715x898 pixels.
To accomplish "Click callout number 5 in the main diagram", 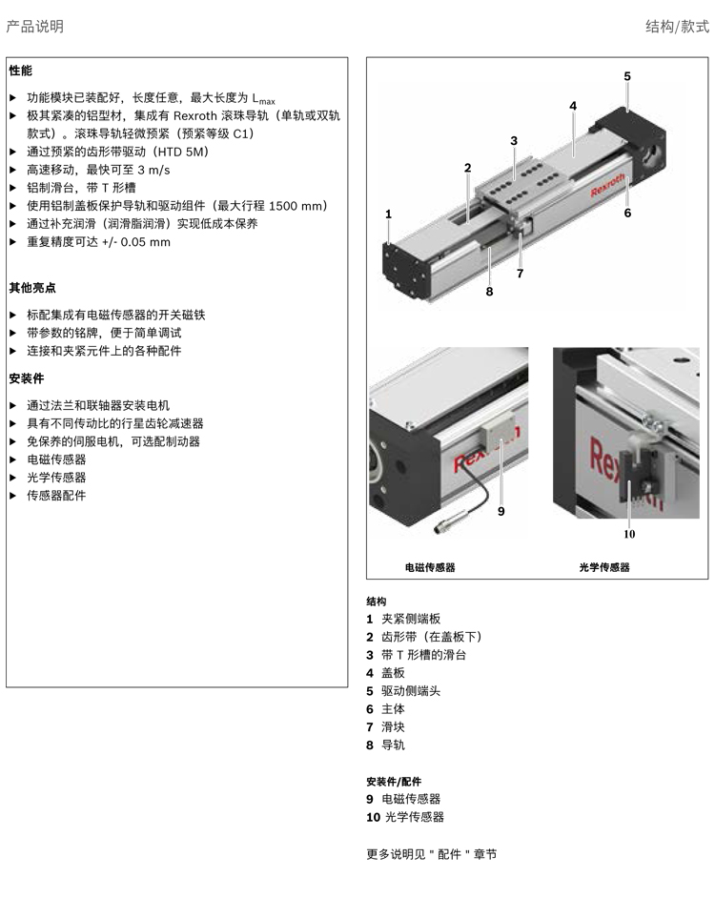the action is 627,76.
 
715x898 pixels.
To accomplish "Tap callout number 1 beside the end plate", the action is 388,214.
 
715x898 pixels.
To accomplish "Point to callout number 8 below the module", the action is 489,292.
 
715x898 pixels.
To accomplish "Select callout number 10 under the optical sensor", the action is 629,534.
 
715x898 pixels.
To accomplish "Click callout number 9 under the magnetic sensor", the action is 500,511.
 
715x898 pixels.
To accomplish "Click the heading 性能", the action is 21,71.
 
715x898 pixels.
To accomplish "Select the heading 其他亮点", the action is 32,288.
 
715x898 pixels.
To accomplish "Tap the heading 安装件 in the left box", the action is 27,378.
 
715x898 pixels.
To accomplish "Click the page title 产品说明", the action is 34,27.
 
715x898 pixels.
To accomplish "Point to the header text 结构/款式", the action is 677,27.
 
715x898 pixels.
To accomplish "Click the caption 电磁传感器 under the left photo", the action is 430,567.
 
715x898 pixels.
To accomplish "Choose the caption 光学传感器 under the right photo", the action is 603,567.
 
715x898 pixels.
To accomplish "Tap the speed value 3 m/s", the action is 153,170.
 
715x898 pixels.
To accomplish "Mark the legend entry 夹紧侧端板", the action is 411,619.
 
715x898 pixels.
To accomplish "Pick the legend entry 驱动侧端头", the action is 411,691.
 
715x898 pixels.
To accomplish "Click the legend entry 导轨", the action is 393,745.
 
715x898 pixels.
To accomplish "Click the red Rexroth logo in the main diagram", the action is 607,185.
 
